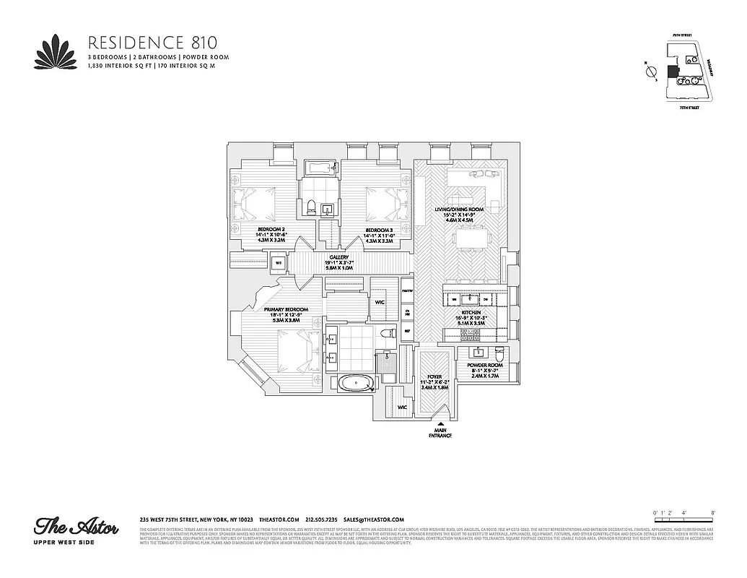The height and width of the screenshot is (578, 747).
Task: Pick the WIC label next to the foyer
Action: [x=403, y=407]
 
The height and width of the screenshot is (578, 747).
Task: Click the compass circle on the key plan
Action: [x=650, y=71]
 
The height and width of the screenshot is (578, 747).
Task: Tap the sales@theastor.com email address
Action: [x=373, y=519]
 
